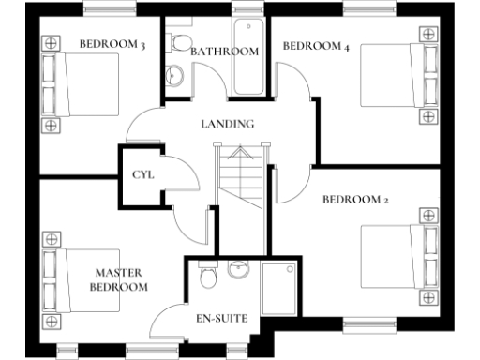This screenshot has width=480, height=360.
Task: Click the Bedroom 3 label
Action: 112,44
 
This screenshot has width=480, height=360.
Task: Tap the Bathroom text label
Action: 224,52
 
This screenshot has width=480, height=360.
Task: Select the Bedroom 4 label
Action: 315,45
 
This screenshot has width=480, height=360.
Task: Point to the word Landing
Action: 228,124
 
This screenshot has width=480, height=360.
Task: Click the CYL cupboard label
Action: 142,175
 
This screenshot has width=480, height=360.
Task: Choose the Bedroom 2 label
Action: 354,200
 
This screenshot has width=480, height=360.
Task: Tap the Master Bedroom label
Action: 119,279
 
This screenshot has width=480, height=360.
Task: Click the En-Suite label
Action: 221,319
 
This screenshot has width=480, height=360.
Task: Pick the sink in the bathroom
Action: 174,76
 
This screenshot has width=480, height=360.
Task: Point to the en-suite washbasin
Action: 238,271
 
